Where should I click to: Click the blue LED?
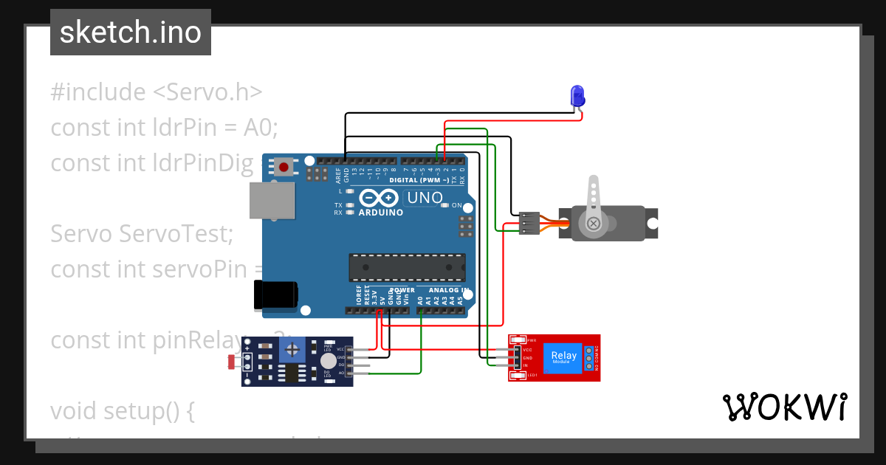point(577,95)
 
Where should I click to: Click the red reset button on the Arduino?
point(284,167)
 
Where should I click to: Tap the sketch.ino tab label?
point(131,32)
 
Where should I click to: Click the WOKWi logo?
point(784,407)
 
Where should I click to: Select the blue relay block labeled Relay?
point(564,358)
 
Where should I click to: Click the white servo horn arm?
point(593,204)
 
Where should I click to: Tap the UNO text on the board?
point(425,198)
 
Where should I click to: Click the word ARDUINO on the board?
point(381,213)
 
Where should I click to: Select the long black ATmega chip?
point(407,267)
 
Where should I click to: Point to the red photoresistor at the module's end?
point(232,362)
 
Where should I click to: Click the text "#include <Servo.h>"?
point(157,92)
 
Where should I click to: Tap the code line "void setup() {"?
point(123,410)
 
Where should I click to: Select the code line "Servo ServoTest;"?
point(142,234)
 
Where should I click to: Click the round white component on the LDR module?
point(327,360)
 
